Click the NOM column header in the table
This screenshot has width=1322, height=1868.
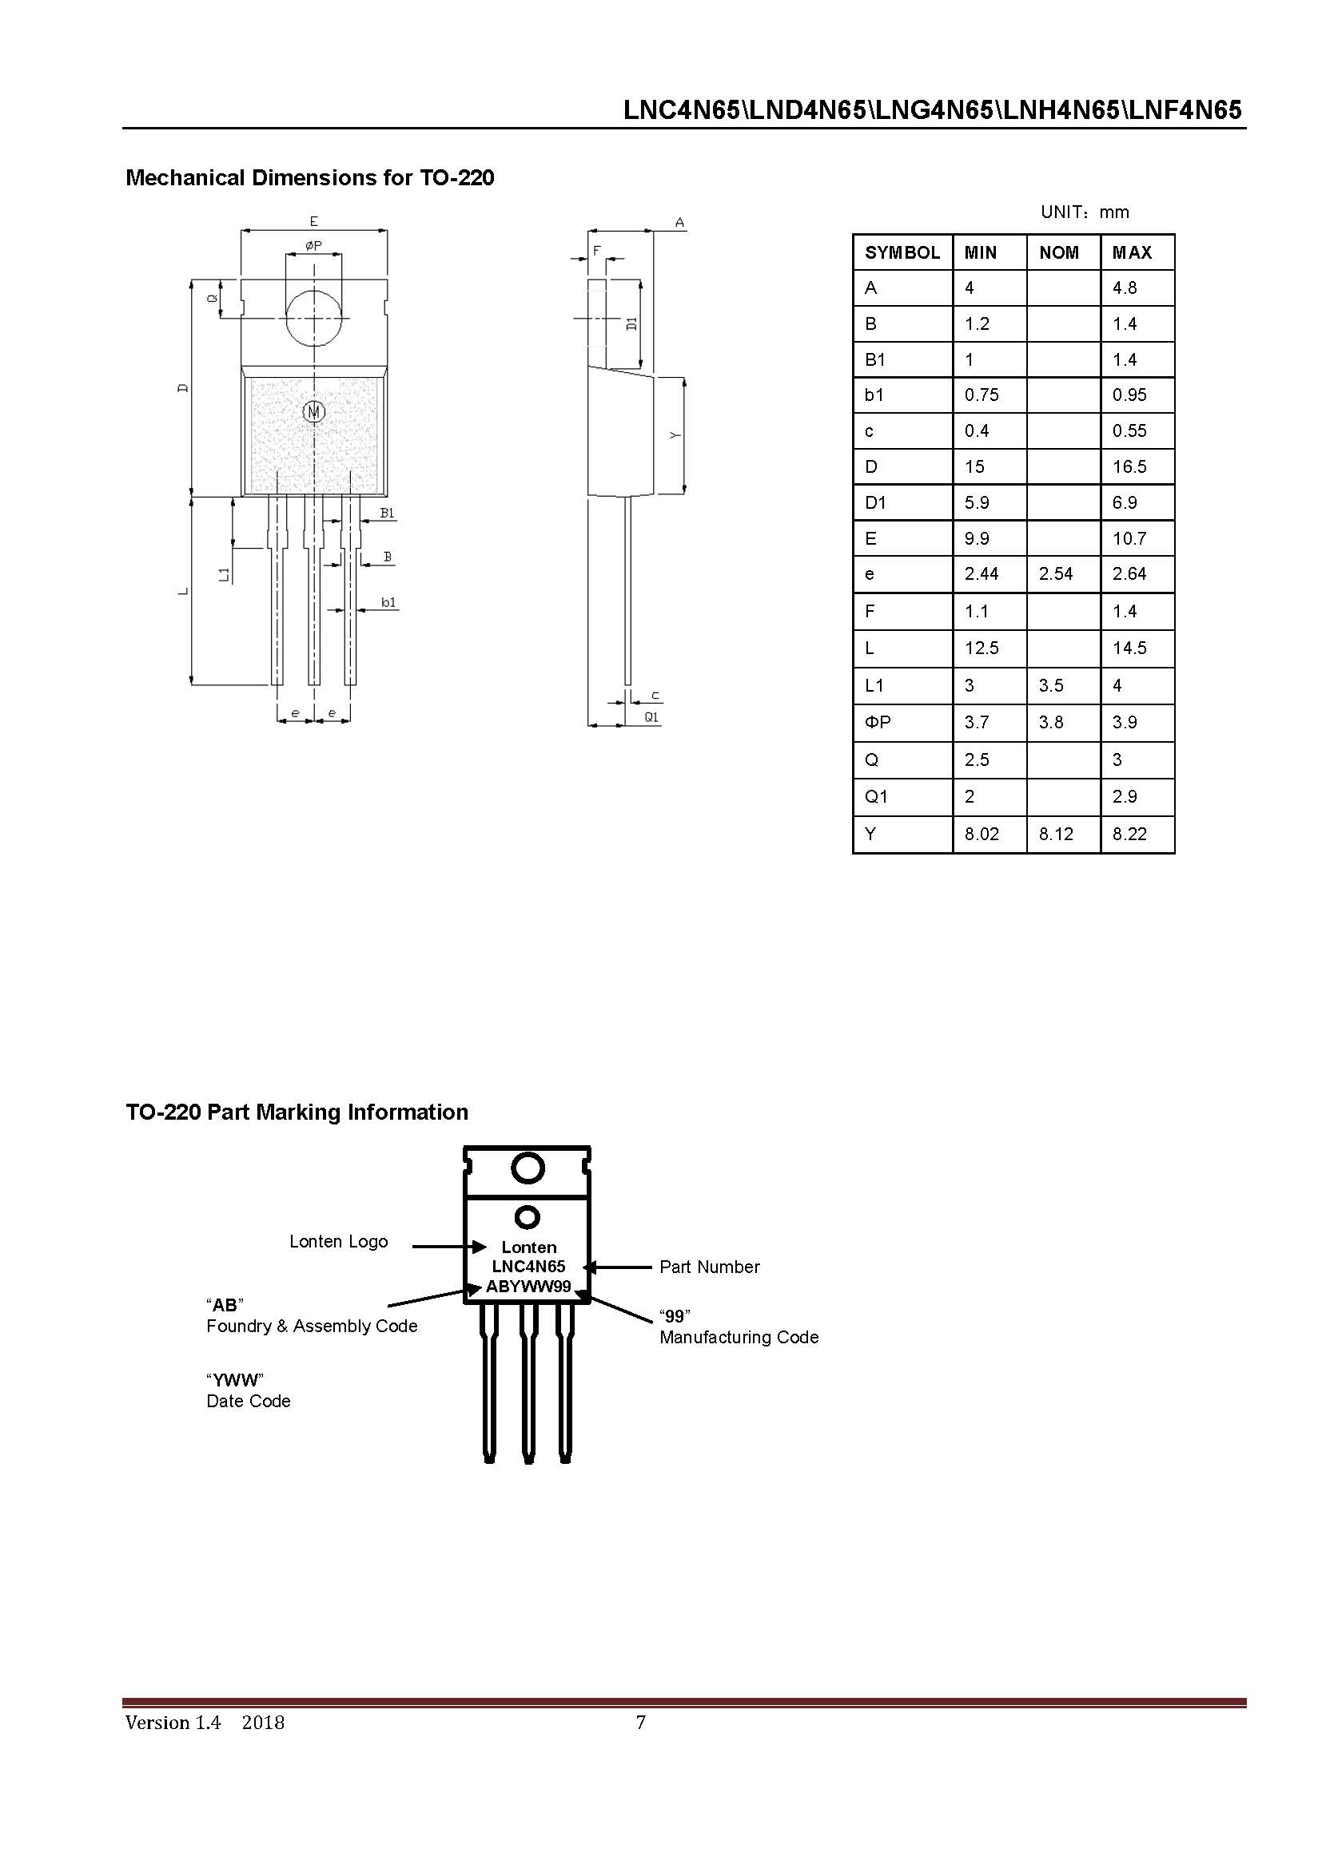[1058, 253]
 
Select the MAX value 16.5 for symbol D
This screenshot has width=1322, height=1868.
[1129, 467]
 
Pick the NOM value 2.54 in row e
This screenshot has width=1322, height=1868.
[1055, 574]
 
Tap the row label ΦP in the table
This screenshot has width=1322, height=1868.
[878, 723]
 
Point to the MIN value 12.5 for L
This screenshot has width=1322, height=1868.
[981, 648]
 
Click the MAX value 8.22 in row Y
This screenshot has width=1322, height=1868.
[1129, 834]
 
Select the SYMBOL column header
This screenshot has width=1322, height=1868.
[902, 253]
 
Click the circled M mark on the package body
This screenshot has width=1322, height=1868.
[314, 411]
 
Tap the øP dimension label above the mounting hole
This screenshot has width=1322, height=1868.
[313, 245]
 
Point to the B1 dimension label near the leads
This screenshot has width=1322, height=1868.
[388, 514]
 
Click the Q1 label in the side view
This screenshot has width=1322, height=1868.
[651, 718]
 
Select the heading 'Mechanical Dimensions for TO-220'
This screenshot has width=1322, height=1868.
[309, 178]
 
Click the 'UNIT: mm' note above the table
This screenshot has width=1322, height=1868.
[1085, 212]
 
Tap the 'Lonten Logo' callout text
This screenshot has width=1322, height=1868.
[339, 1242]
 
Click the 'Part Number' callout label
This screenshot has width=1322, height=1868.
[709, 1267]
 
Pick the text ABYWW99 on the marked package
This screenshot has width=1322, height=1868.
[528, 1287]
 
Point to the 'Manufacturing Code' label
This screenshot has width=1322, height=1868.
[739, 1338]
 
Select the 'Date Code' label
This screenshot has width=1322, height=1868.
[249, 1401]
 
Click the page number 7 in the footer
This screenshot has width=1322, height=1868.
[641, 1723]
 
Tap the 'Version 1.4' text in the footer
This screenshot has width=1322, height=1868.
[173, 1723]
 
